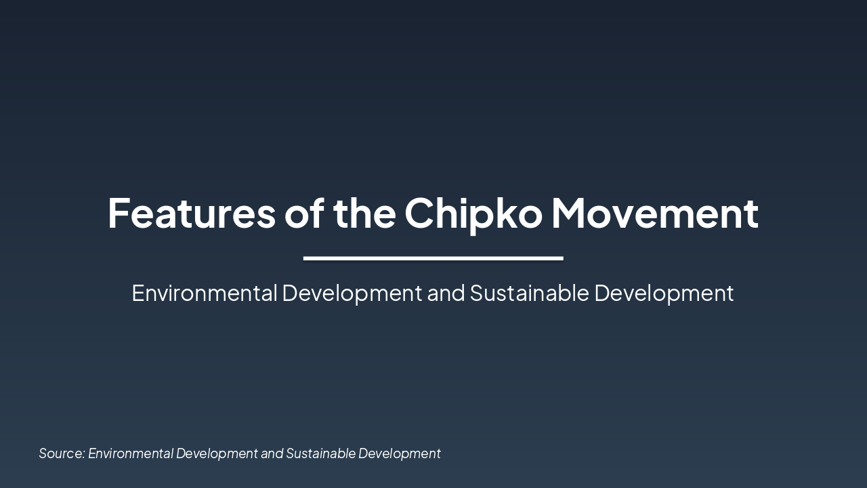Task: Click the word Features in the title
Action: tap(192, 213)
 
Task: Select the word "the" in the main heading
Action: tap(364, 213)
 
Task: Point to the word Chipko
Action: tap(473, 213)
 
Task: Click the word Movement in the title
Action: tap(654, 213)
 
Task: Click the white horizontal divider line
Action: tap(433, 258)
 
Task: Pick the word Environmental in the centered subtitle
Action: tap(205, 293)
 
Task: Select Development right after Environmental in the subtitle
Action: tap(352, 293)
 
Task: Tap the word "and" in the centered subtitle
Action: tap(446, 293)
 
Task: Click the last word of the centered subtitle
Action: tap(664, 293)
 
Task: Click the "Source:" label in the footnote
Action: tap(62, 453)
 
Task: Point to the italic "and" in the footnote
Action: tap(272, 453)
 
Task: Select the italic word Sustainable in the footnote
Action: tap(320, 453)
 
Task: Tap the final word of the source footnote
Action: tap(399, 453)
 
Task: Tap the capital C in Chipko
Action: tap(419, 213)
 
